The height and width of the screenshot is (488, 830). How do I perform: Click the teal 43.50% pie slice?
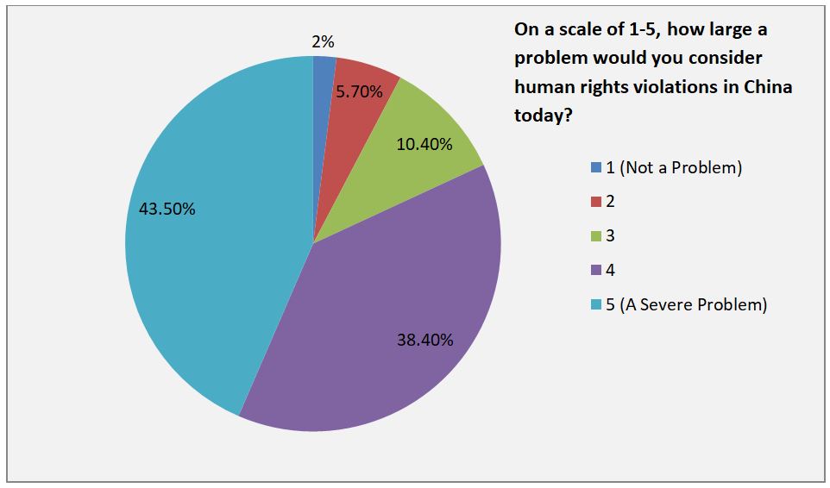[216, 259]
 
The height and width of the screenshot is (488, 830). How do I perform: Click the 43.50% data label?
[167, 209]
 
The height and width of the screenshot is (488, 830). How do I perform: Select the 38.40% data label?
[424, 340]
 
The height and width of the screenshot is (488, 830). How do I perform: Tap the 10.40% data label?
[424, 144]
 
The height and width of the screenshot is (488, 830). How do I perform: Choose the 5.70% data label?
[360, 91]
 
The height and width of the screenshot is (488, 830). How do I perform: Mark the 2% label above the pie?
[323, 41]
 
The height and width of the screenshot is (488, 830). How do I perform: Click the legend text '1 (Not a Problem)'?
[674, 167]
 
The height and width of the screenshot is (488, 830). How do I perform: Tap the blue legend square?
[595, 168]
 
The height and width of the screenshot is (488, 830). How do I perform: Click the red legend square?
[595, 202]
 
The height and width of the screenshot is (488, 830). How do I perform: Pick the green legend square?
[595, 235]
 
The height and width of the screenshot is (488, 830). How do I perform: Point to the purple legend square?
[595, 270]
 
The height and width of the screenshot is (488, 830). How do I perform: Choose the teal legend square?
[595, 304]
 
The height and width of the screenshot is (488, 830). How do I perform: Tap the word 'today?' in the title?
[544, 115]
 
